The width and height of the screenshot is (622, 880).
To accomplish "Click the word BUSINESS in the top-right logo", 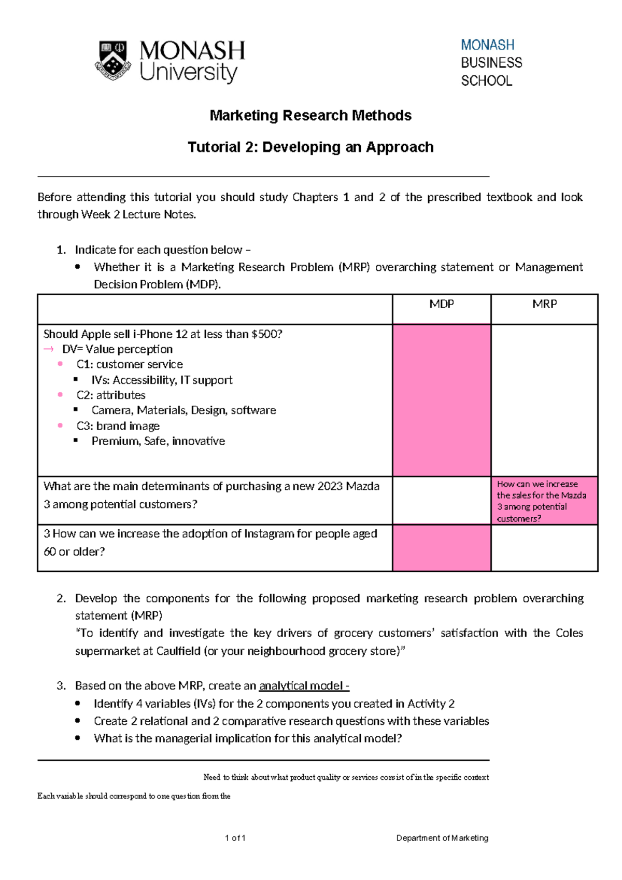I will [x=491, y=63].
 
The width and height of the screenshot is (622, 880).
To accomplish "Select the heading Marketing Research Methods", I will [x=310, y=115].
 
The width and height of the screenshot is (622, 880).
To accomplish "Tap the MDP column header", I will [x=442, y=304].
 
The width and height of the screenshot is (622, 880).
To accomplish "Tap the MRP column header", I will [x=544, y=304].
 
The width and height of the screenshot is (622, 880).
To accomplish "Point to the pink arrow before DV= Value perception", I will [x=49, y=349].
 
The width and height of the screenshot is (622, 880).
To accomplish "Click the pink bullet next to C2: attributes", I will [x=60, y=395].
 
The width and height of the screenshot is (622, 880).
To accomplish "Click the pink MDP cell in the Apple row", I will [x=442, y=400].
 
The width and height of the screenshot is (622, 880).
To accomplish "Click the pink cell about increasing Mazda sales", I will [x=544, y=501].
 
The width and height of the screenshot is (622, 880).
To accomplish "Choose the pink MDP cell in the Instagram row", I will [x=442, y=548].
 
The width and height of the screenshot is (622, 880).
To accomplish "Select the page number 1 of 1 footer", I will [x=235, y=838].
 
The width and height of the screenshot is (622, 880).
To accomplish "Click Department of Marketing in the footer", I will [x=442, y=838].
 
